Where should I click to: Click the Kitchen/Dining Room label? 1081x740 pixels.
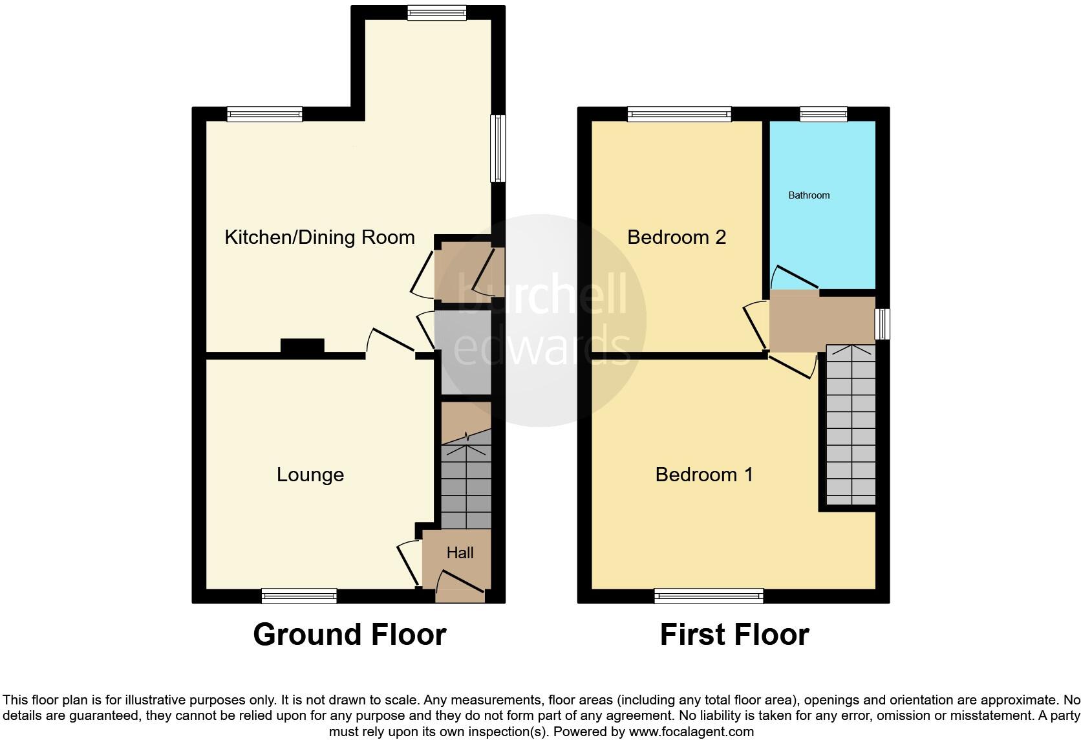tap(319, 237)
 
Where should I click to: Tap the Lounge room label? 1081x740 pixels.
tap(310, 475)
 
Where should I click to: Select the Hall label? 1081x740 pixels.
tap(460, 552)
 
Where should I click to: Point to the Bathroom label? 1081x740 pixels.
tap(808, 195)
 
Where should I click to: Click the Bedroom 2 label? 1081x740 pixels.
tap(676, 237)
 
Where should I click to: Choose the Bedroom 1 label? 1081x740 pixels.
tap(703, 475)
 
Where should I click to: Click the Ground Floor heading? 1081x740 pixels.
tap(349, 635)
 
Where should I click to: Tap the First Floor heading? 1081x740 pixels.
tap(734, 635)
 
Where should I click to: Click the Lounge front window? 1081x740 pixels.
tap(299, 595)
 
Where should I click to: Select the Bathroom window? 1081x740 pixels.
tap(823, 114)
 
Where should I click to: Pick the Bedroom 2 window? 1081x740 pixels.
tap(679, 114)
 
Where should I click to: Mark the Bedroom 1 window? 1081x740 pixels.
tap(709, 595)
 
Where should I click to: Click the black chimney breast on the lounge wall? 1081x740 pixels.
tap(302, 347)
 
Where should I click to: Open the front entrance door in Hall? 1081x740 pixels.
tap(460, 582)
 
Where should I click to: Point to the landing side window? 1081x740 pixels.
tap(883, 324)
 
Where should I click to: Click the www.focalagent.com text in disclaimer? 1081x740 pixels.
tap(691, 732)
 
